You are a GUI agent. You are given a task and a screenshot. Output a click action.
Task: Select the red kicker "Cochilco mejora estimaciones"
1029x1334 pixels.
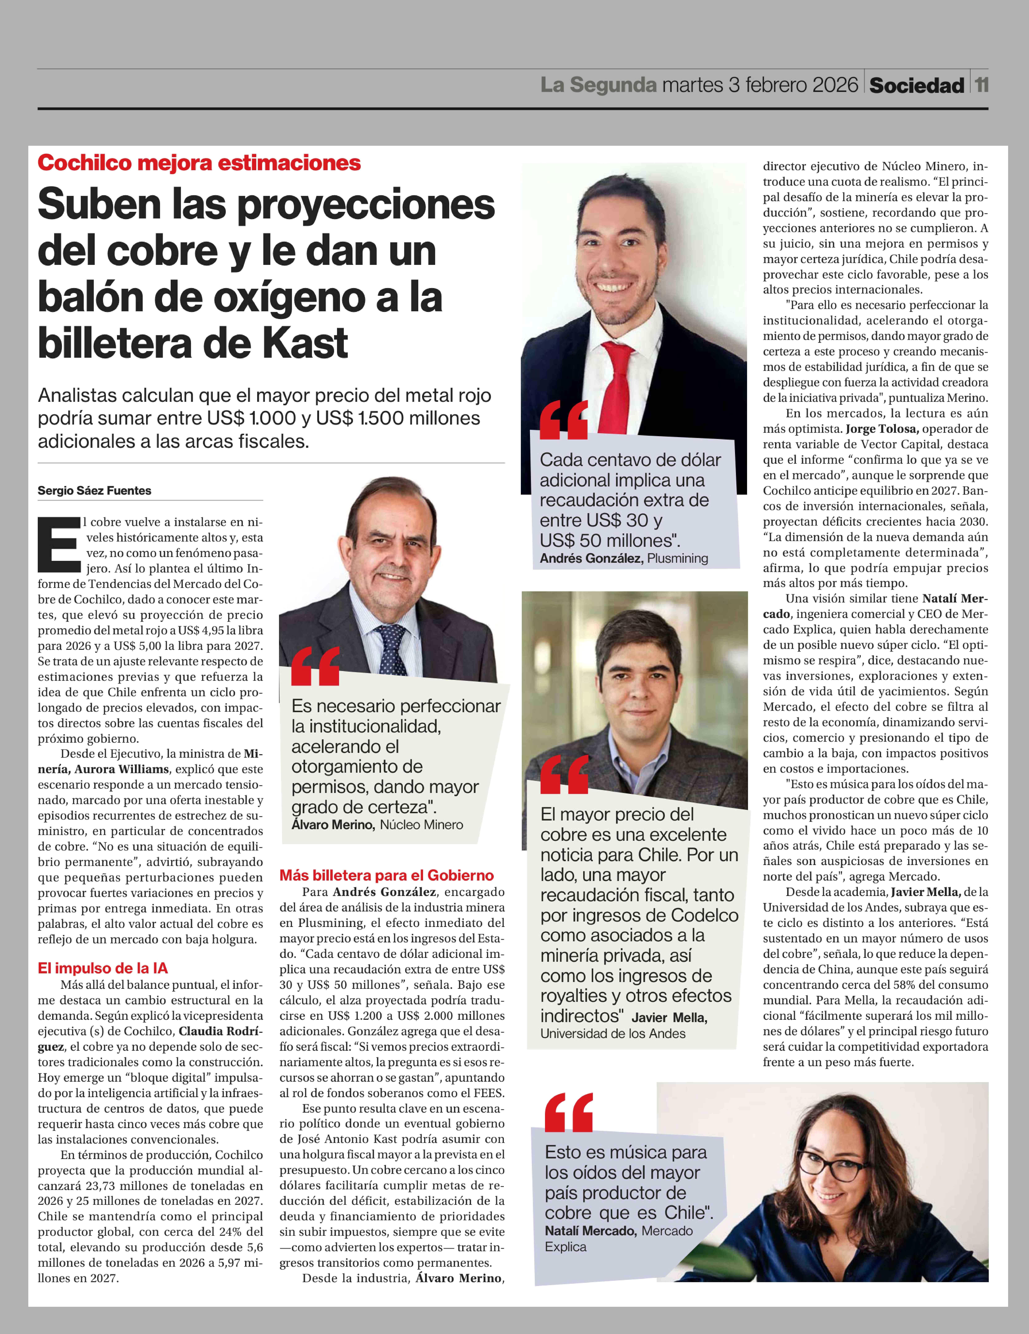pos(199,163)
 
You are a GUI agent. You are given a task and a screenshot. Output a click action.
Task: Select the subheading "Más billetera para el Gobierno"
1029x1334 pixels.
pos(386,875)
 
